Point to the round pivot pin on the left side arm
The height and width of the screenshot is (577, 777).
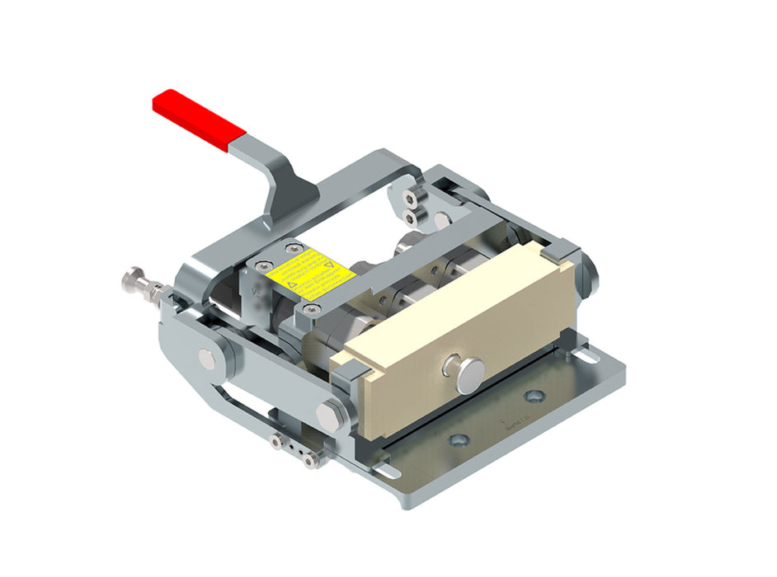[x=205, y=358]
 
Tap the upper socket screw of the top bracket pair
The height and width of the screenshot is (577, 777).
[x=411, y=196]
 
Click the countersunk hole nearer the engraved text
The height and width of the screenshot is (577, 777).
[x=533, y=396]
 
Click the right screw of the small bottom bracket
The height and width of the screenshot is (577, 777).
[x=310, y=462]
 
